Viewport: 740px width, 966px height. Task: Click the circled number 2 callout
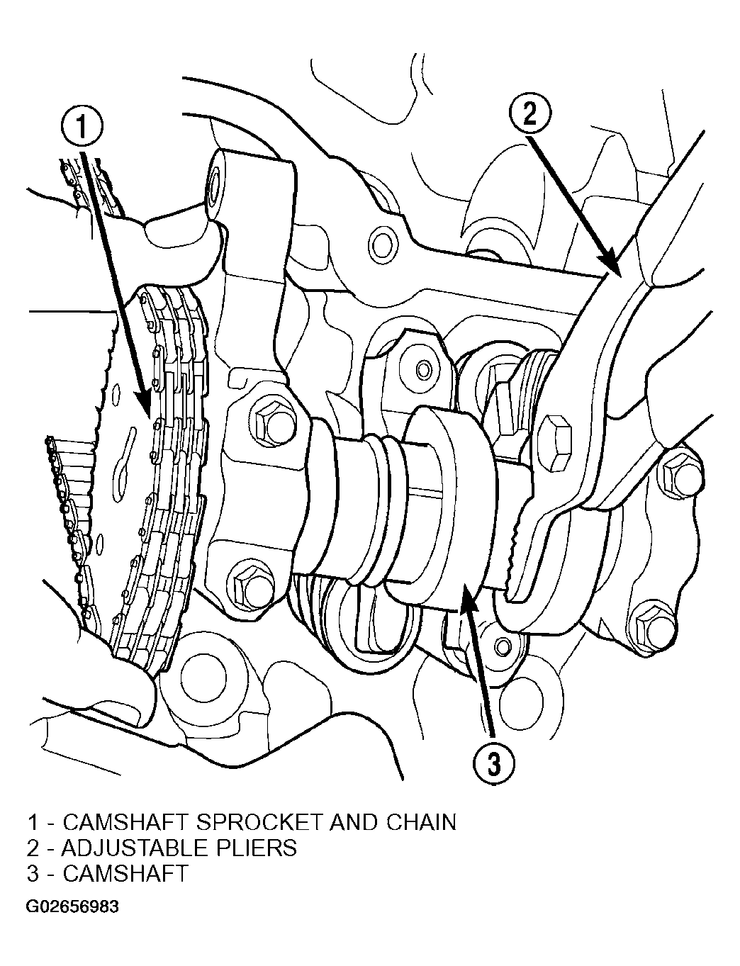tap(529, 115)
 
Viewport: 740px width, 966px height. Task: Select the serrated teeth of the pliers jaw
tap(517, 553)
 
